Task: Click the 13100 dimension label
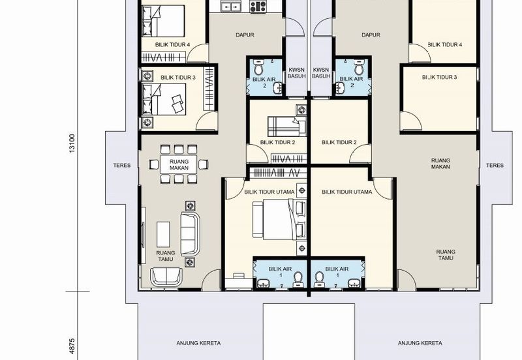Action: point(72,143)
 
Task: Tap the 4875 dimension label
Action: point(72,346)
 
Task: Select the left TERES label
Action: point(122,166)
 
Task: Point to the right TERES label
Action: point(495,166)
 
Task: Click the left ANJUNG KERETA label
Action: point(198,343)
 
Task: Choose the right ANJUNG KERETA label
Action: point(420,343)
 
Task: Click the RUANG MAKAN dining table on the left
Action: point(179,164)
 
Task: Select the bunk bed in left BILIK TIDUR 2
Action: point(287,127)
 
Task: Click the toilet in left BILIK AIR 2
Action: point(258,68)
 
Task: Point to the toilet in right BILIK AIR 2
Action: point(358,68)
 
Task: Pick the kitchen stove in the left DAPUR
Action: point(258,7)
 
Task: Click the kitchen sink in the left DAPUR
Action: point(230,6)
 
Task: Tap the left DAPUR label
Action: point(245,35)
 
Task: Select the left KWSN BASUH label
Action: point(297,73)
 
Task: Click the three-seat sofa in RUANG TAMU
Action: point(190,234)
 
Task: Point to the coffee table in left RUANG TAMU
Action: point(163,234)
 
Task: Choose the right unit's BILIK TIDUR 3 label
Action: point(439,77)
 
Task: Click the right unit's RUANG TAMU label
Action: point(446,255)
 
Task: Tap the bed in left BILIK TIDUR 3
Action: point(164,99)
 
